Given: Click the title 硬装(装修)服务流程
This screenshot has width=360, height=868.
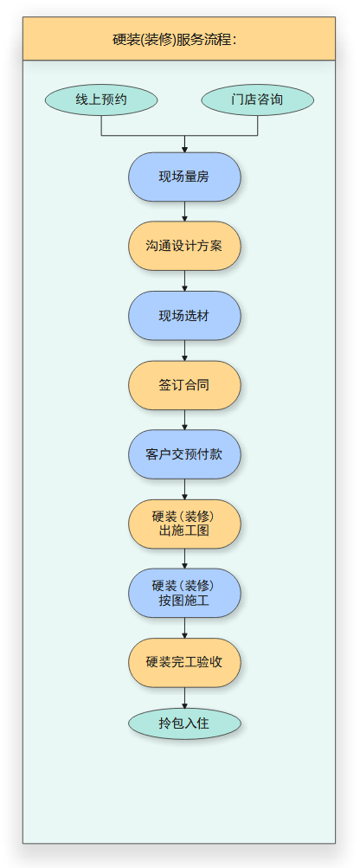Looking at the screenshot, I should pyautogui.click(x=178, y=39).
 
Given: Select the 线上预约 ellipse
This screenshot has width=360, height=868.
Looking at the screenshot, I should pyautogui.click(x=101, y=100).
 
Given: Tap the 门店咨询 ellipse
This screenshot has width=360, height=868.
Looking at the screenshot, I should pyautogui.click(x=257, y=100).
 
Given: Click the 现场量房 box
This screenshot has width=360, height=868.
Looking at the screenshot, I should pyautogui.click(x=184, y=177).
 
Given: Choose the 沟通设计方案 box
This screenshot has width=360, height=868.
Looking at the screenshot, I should pyautogui.click(x=184, y=246).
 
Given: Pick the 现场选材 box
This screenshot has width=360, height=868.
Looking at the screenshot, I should pyautogui.click(x=184, y=316).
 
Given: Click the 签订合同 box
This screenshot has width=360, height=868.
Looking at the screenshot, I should pyautogui.click(x=184, y=385).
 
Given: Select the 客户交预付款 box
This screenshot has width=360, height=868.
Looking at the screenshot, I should pyautogui.click(x=184, y=453).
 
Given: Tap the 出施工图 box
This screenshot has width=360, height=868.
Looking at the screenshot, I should pyautogui.click(x=184, y=524).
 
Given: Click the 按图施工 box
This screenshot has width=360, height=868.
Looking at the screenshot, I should pyautogui.click(x=184, y=593).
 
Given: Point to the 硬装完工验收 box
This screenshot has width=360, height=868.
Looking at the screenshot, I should pyautogui.click(x=184, y=662).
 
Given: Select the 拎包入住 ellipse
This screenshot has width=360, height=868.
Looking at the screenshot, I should pyautogui.click(x=184, y=723).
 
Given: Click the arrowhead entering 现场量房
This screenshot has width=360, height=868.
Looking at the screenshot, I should pyautogui.click(x=184, y=148).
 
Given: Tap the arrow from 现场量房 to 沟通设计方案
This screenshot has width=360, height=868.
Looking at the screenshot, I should pyautogui.click(x=184, y=212).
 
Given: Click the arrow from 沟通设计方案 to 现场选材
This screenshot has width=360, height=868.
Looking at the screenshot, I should pyautogui.click(x=184, y=281).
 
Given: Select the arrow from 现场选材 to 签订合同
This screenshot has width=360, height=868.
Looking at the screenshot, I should pyautogui.click(x=184, y=350).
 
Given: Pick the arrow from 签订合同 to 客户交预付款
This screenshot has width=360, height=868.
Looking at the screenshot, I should pyautogui.click(x=184, y=420).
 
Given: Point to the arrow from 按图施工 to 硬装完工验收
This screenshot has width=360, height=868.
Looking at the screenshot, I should pyautogui.click(x=184, y=627).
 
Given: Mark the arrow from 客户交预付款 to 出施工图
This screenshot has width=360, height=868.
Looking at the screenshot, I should pyautogui.click(x=184, y=489).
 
